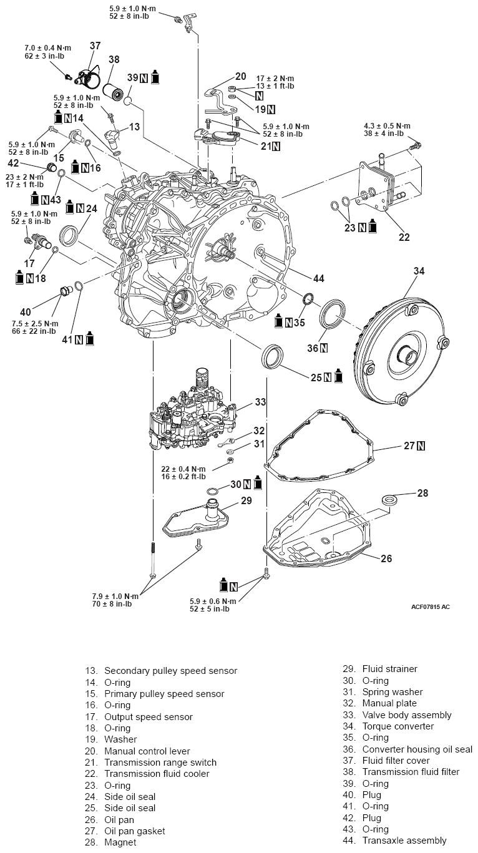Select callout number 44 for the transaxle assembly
coord(319,278)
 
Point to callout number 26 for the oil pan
coord(386,558)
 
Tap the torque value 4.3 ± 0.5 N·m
coord(387,125)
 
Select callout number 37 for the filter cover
coord(95,46)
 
